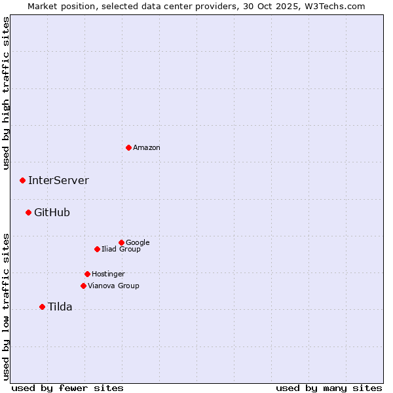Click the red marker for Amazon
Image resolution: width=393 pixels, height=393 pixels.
coord(128,147)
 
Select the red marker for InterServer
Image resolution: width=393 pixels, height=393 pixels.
coord(22,180)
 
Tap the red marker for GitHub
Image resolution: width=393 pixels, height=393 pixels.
coord(28,212)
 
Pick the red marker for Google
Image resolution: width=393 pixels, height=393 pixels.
coord(121,242)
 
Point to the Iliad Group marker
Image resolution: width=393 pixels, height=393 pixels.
coord(97,249)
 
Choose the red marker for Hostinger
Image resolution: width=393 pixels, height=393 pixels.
coord(87,274)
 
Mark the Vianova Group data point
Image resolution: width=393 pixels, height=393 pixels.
coord(83,286)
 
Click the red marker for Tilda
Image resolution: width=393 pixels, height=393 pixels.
coord(42,307)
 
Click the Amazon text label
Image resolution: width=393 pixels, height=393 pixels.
coord(147,148)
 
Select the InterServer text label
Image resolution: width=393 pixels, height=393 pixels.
coord(58,181)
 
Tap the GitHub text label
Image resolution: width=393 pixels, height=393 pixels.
coord(52,213)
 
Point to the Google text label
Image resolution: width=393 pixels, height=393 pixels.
coord(138,243)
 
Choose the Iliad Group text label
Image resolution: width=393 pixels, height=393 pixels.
coord(121,250)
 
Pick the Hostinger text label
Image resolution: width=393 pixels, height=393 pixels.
coord(108,274)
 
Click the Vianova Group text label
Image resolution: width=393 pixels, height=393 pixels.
coord(113,286)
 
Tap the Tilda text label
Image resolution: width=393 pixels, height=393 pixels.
coord(60,307)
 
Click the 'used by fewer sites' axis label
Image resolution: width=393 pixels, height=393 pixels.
coord(67,388)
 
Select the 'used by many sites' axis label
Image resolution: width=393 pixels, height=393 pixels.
coord(329,388)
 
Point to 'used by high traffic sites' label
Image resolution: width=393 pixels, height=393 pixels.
coord(6,93)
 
